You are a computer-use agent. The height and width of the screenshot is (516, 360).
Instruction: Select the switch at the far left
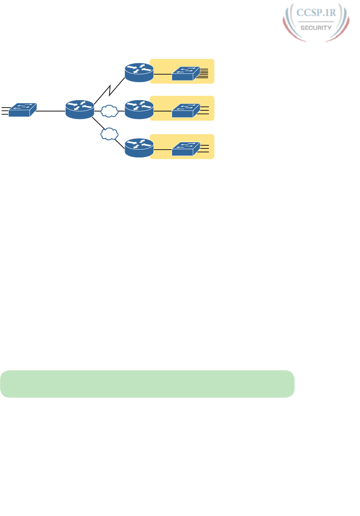coord(22,110)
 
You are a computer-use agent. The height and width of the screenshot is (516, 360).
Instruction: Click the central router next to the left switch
coord(80,110)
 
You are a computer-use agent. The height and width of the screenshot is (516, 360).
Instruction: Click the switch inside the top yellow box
coord(186,73)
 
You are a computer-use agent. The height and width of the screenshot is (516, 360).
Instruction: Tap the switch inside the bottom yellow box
coord(186,148)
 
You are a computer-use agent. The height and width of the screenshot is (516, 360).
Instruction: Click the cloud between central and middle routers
coord(110,112)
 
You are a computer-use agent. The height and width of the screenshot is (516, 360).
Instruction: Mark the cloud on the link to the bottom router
coord(110,134)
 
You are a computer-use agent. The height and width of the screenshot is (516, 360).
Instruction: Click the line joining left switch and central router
coord(50,111)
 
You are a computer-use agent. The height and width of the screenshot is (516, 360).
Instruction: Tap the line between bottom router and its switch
coord(163,149)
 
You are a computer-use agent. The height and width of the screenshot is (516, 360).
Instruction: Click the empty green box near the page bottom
coord(147,384)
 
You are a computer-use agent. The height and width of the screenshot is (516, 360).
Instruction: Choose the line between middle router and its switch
coord(163,111)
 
